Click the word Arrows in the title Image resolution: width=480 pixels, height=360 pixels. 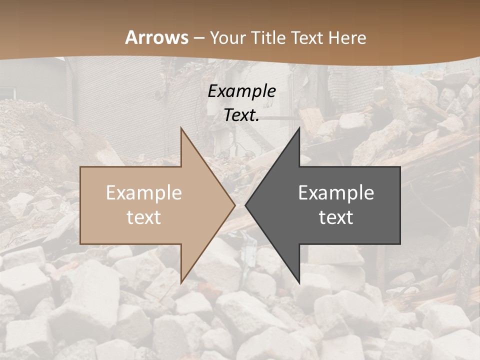[156, 38]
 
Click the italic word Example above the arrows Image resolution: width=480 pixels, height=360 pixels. [241, 91]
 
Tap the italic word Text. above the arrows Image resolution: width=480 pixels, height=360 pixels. [241, 115]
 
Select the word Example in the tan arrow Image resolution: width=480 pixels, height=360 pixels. [144, 193]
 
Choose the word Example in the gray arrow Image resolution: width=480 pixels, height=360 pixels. [336, 193]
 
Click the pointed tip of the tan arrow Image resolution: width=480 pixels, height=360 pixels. [235, 205]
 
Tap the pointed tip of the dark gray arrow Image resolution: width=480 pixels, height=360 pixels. [245, 205]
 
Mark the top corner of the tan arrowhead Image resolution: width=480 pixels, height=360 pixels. [181, 128]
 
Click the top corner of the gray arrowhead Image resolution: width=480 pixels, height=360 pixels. [299, 128]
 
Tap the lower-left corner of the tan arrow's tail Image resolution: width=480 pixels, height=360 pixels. [81, 243]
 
